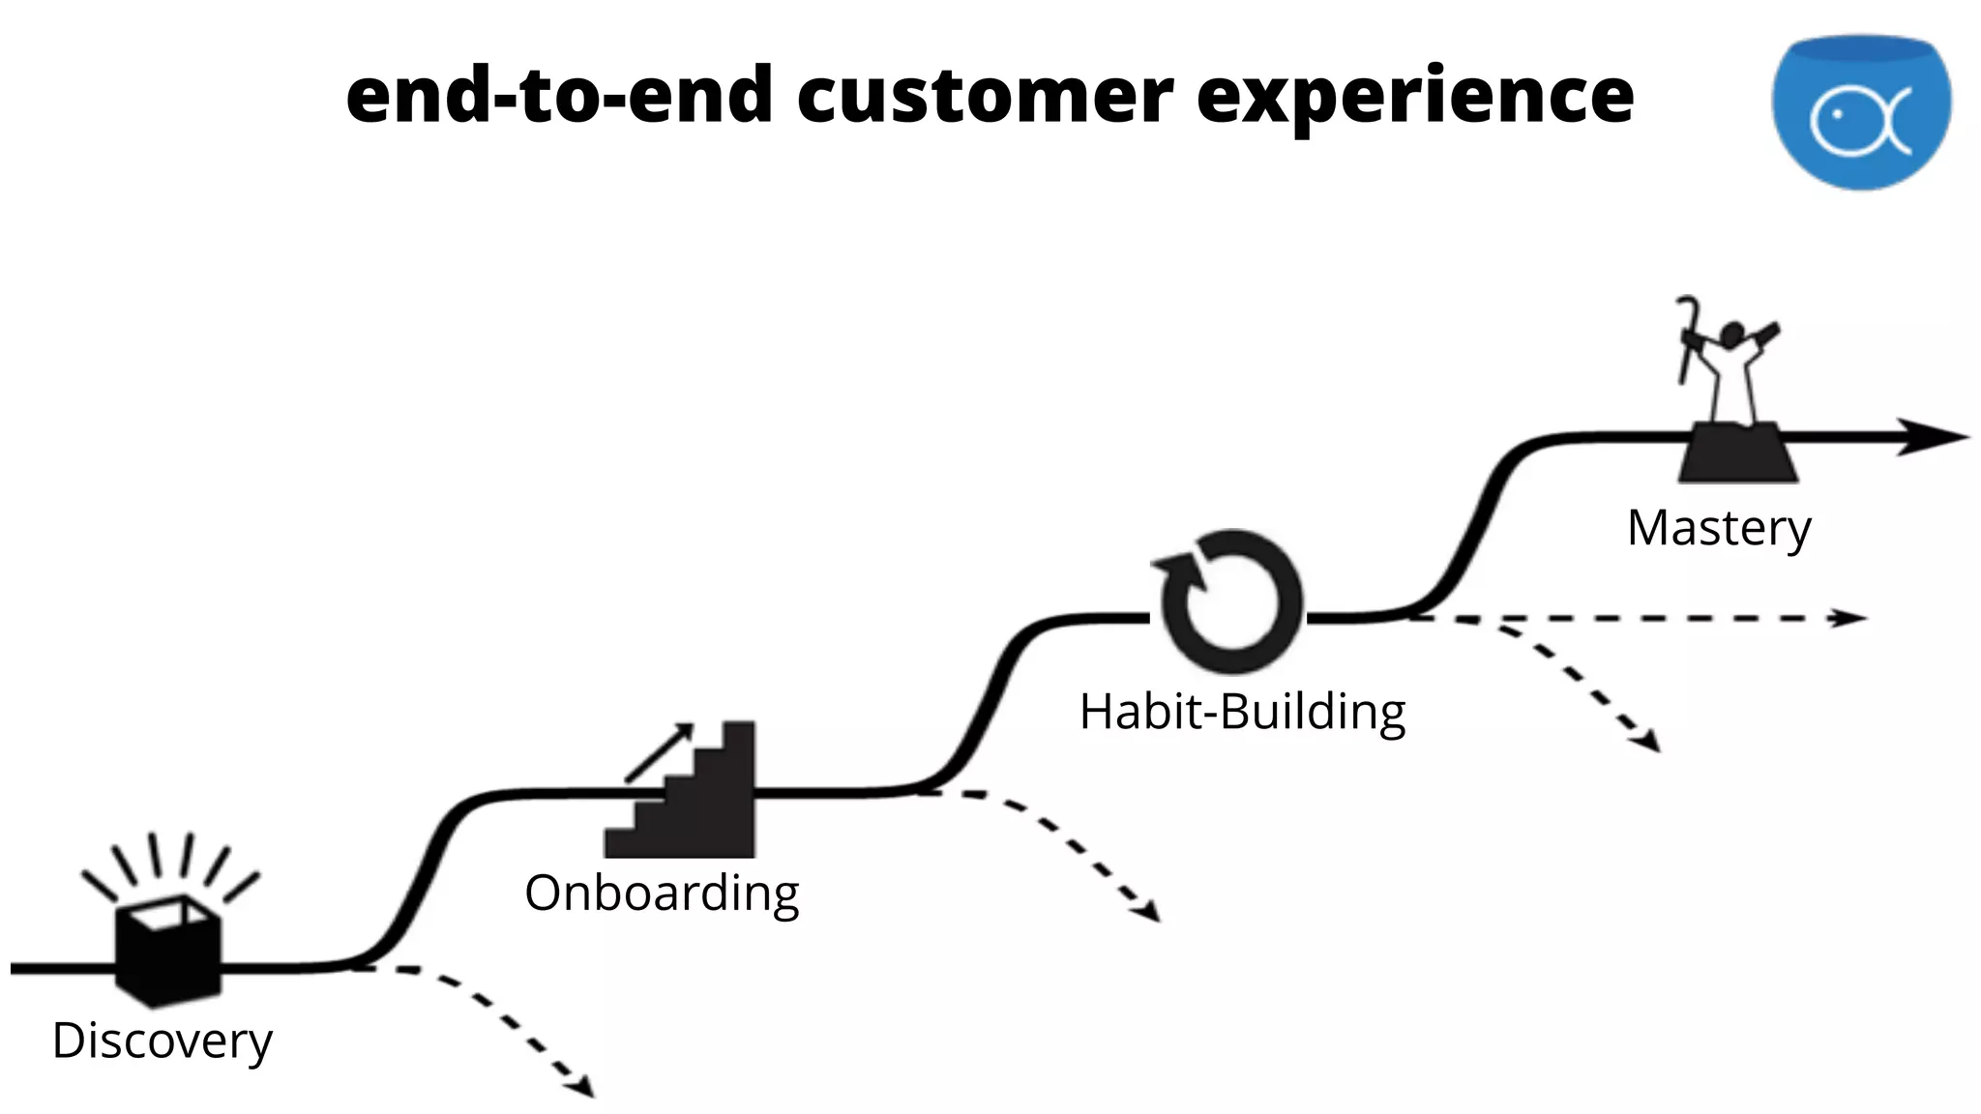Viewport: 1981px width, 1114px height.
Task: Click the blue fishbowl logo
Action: pos(1861,111)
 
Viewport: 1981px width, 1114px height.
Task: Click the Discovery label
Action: pos(163,1041)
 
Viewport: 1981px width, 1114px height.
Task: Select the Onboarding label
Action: pos(662,893)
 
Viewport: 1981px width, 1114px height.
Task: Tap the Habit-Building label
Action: pos(1242,712)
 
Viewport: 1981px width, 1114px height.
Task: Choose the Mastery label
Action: pos(1719,528)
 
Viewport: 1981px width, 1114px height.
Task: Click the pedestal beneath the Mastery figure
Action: pos(1737,453)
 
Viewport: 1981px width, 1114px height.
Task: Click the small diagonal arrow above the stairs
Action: pos(660,751)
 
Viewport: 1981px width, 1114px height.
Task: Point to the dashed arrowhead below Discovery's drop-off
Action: pos(582,1087)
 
